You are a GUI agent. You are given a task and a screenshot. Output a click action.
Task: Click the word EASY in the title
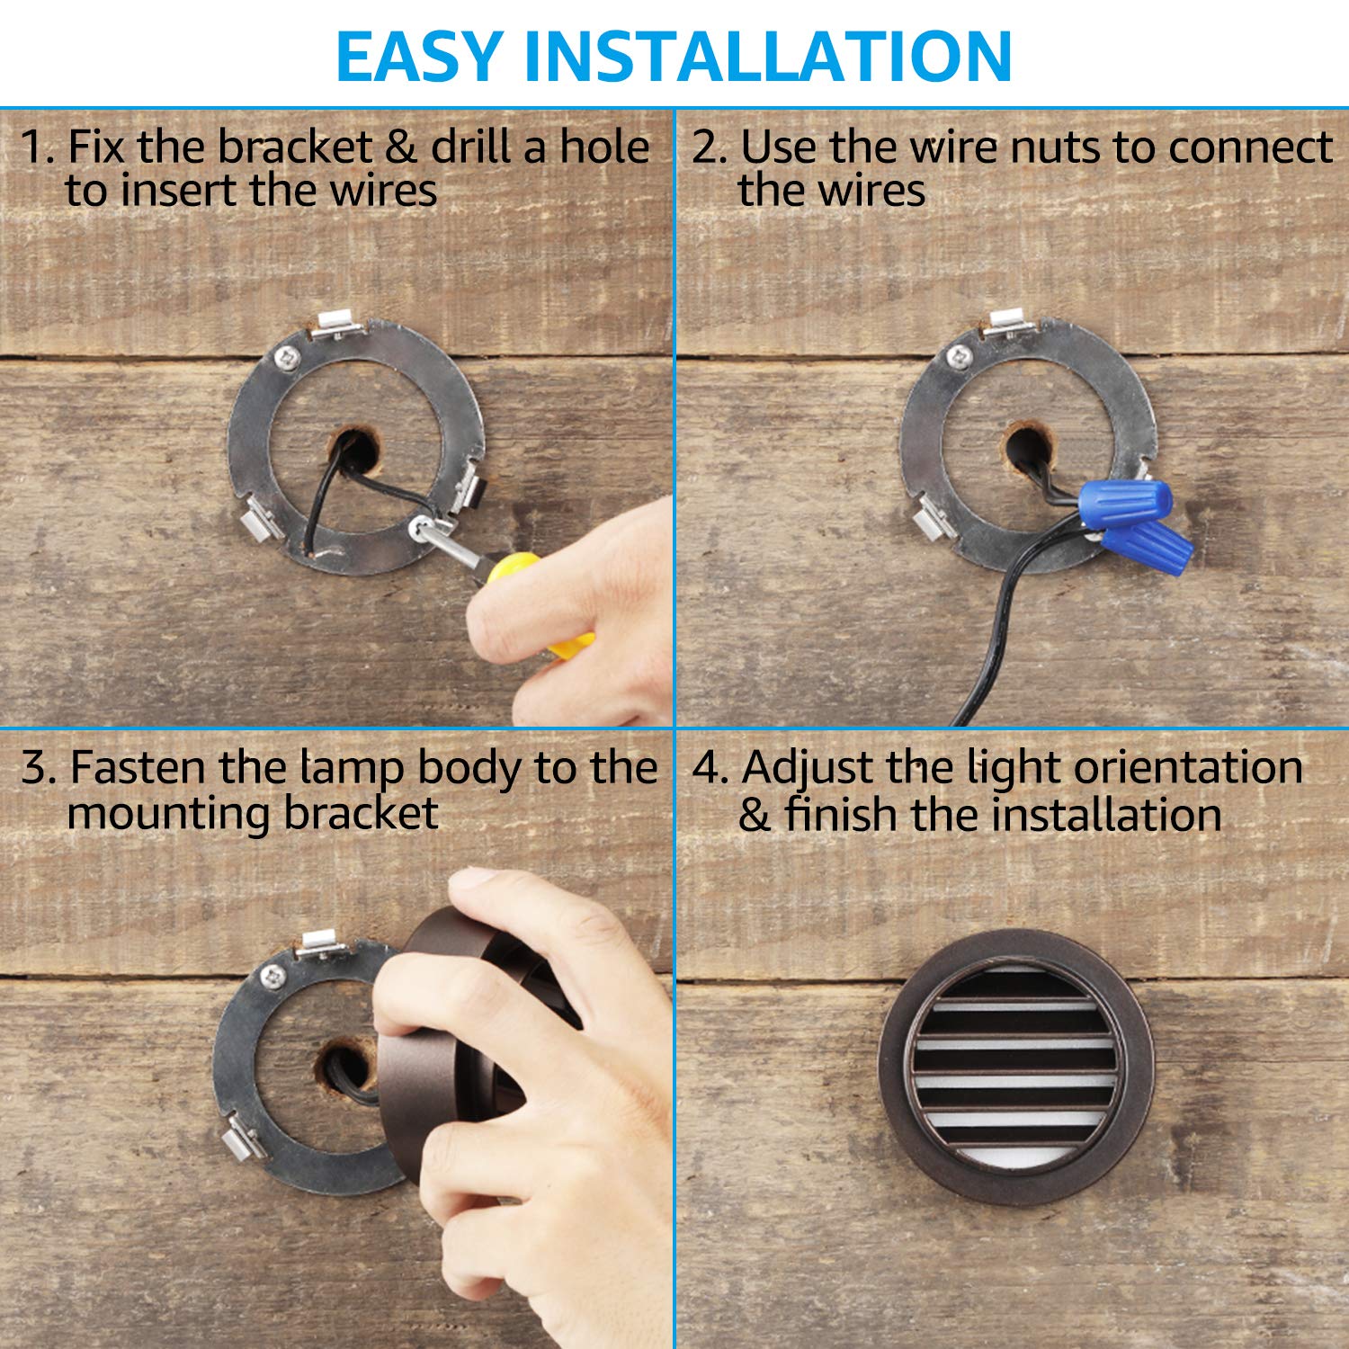coord(418,56)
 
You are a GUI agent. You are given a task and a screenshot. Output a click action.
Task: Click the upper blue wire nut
coord(1126,500)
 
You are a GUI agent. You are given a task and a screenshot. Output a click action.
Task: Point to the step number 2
coord(706,147)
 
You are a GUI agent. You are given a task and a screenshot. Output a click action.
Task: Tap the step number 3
coord(37,768)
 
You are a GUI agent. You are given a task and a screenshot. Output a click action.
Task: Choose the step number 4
coord(708,768)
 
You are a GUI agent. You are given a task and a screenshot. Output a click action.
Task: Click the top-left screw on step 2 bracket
coord(959,356)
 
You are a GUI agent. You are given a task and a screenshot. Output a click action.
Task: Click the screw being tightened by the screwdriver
coord(420,526)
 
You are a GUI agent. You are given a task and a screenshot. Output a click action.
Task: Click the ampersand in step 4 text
coord(754,816)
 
